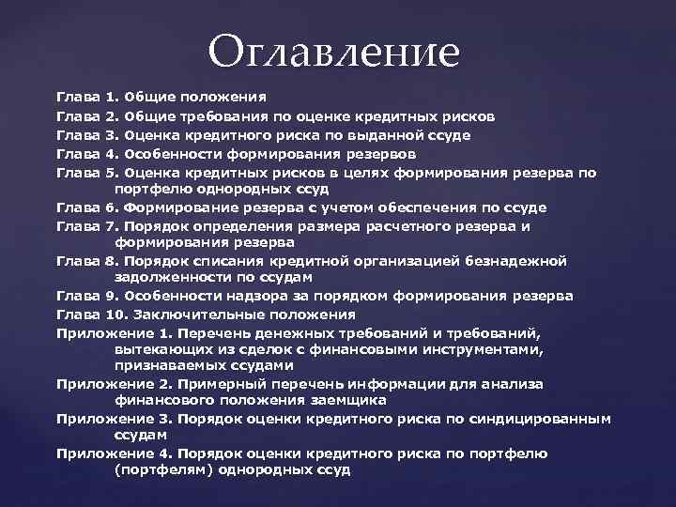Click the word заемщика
pyautogui.click(x=347, y=400)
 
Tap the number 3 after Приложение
pyautogui.click(x=164, y=419)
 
